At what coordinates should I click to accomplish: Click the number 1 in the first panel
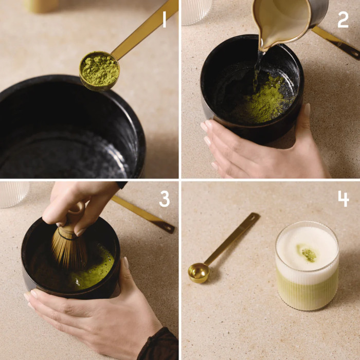[x=164, y=20]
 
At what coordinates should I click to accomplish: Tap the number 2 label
[x=343, y=20]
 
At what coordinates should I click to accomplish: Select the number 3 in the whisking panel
[x=164, y=199]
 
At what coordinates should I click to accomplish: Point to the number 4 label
[x=344, y=199]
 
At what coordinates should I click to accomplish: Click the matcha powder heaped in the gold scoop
[x=99, y=69]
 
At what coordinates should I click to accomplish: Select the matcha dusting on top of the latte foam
[x=308, y=254]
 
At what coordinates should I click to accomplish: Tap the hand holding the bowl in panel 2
[x=257, y=147]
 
